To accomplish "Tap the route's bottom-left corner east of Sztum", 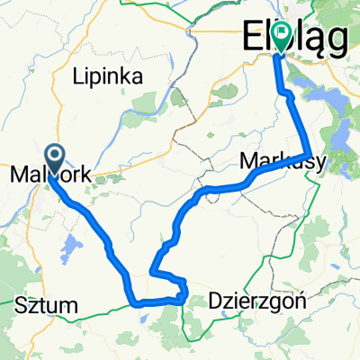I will click(x=136, y=303).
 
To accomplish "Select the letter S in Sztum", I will click(x=22, y=301).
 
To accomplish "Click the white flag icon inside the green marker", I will click(x=283, y=35).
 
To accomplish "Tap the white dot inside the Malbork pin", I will click(x=54, y=157).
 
